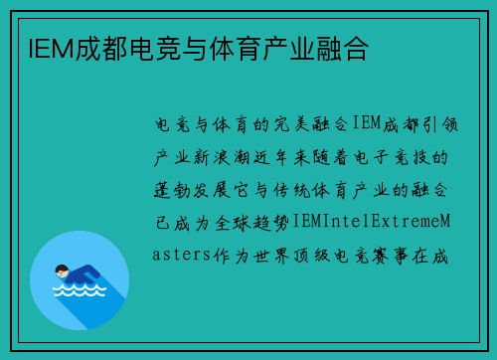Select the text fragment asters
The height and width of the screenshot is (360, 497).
coord(185,253)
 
